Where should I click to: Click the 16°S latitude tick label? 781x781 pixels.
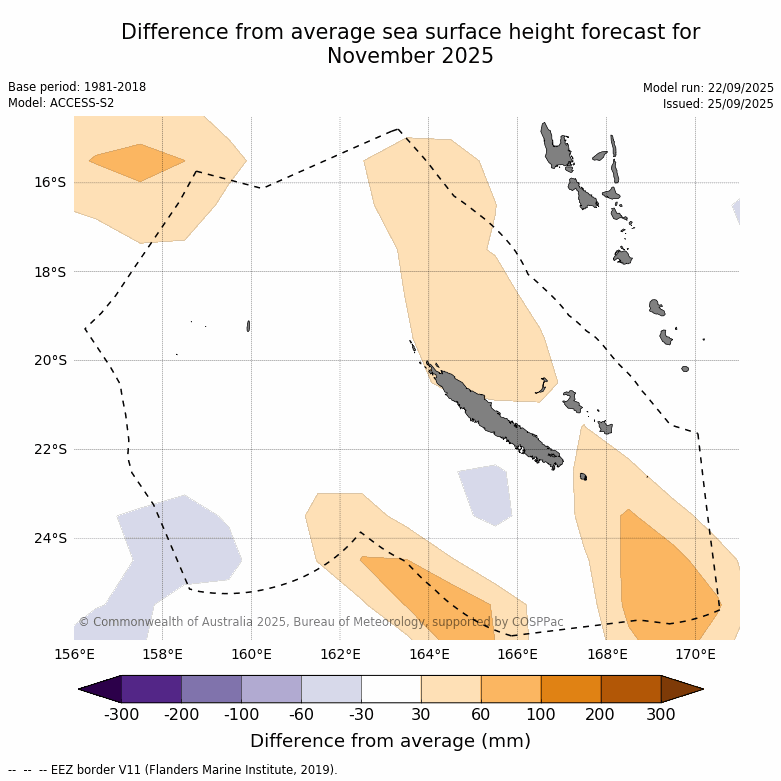point(50,182)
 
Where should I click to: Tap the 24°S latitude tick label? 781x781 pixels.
point(50,538)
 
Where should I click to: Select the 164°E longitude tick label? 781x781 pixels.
point(429,655)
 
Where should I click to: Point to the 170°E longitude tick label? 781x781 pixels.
point(695,655)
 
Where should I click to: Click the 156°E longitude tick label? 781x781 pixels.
point(74,655)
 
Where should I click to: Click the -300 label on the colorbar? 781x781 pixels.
point(121,714)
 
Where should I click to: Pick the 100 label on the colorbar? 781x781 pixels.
point(541,714)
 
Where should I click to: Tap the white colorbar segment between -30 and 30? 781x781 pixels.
point(391,689)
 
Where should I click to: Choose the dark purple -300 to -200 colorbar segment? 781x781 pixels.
point(151,689)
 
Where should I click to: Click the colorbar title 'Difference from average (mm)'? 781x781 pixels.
point(390,741)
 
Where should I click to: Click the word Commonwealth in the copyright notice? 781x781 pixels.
point(138,622)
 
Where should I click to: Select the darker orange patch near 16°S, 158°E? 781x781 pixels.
point(137,162)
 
